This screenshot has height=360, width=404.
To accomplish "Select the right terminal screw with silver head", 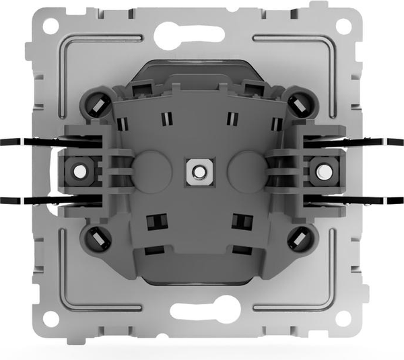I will [323, 171].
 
